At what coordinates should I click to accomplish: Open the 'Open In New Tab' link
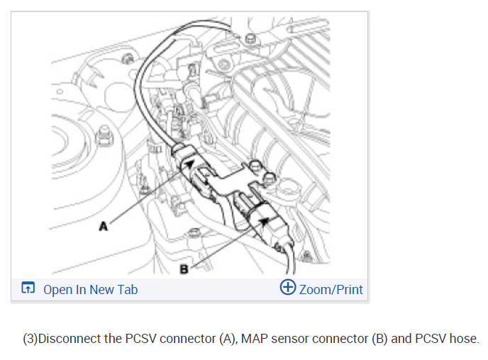point(90,289)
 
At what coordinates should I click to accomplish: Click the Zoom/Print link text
point(331,289)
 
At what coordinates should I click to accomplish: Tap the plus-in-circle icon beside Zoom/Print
point(288,288)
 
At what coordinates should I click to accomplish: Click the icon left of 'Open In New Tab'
point(28,288)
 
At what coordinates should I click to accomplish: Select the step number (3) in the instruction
point(30,338)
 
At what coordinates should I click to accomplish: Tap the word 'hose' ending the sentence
point(465,338)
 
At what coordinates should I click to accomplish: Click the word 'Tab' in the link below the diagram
point(128,289)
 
